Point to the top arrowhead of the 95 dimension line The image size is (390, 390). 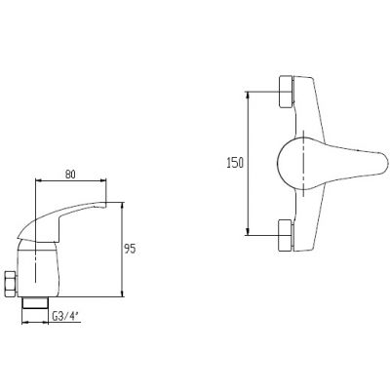tap(123, 205)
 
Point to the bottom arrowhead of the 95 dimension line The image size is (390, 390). tap(123, 296)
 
